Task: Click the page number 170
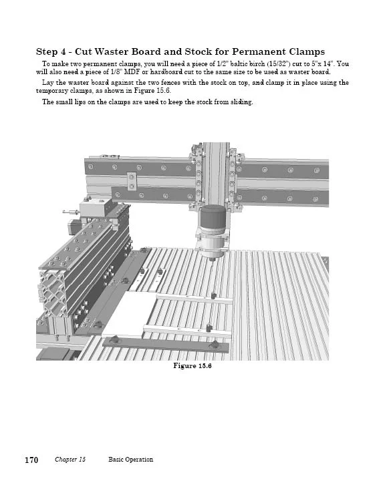click(x=31, y=460)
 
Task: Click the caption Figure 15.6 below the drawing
click(x=192, y=365)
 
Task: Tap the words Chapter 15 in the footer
click(x=70, y=459)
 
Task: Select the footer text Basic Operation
click(x=130, y=459)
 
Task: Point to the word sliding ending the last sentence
click(x=241, y=102)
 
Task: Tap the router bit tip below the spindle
click(x=211, y=261)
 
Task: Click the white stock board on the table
click(x=126, y=313)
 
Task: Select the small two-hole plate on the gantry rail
click(x=132, y=181)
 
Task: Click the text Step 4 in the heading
click(x=51, y=52)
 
